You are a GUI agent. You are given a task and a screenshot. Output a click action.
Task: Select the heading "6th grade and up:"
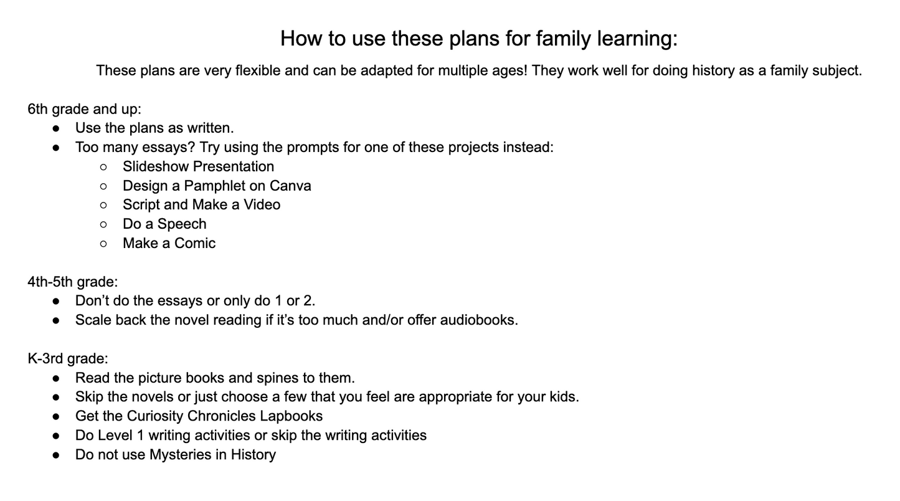pos(85,109)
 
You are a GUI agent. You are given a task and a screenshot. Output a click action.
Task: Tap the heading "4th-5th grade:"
pos(73,282)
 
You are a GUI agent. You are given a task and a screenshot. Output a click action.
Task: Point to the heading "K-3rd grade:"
pos(68,359)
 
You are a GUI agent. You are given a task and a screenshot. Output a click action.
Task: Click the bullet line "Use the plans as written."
pos(154,128)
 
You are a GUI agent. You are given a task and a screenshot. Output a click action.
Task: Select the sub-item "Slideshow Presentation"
pos(198,166)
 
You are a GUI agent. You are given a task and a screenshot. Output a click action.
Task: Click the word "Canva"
pos(291,186)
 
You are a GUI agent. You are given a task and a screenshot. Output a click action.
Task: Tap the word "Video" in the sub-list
pos(262,205)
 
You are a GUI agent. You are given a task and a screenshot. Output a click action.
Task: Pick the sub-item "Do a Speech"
pos(164,224)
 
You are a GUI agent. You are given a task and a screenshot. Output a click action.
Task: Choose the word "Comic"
pos(195,244)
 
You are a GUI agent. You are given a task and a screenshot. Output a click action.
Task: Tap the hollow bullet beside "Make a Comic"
pos(103,244)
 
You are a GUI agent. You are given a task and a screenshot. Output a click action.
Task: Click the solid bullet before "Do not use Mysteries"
pos(57,455)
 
